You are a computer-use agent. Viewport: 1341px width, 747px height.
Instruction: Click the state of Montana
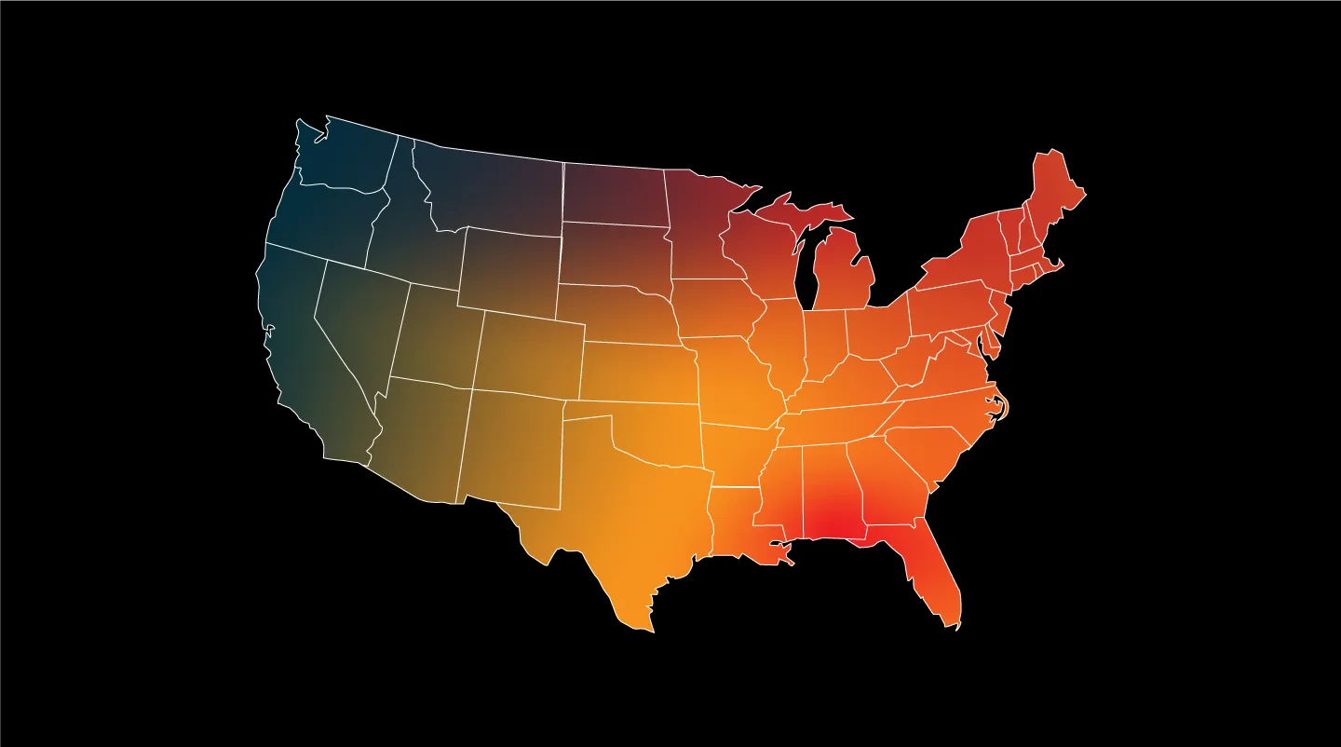489,186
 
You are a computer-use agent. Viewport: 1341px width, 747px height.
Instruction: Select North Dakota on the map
615,196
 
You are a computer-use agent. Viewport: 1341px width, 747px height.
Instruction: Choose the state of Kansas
639,373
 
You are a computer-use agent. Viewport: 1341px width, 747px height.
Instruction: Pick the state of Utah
433,335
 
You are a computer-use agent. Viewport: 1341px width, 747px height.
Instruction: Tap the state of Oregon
321,219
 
